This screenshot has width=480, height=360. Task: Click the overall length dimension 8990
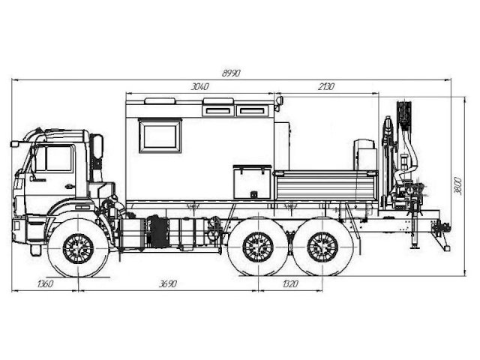point(231,73)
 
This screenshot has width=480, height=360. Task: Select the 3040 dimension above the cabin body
point(199,87)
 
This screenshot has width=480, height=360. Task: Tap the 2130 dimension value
point(325,87)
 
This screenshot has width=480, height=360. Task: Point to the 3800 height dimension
point(458,185)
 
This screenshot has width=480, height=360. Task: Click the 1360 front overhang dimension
point(45,283)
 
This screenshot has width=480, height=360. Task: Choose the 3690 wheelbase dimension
point(168,283)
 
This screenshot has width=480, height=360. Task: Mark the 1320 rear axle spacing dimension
point(290,283)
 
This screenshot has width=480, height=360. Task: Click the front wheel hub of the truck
point(78,248)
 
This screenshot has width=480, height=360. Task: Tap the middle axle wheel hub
point(258,247)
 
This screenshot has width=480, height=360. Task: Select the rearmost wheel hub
point(322,247)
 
